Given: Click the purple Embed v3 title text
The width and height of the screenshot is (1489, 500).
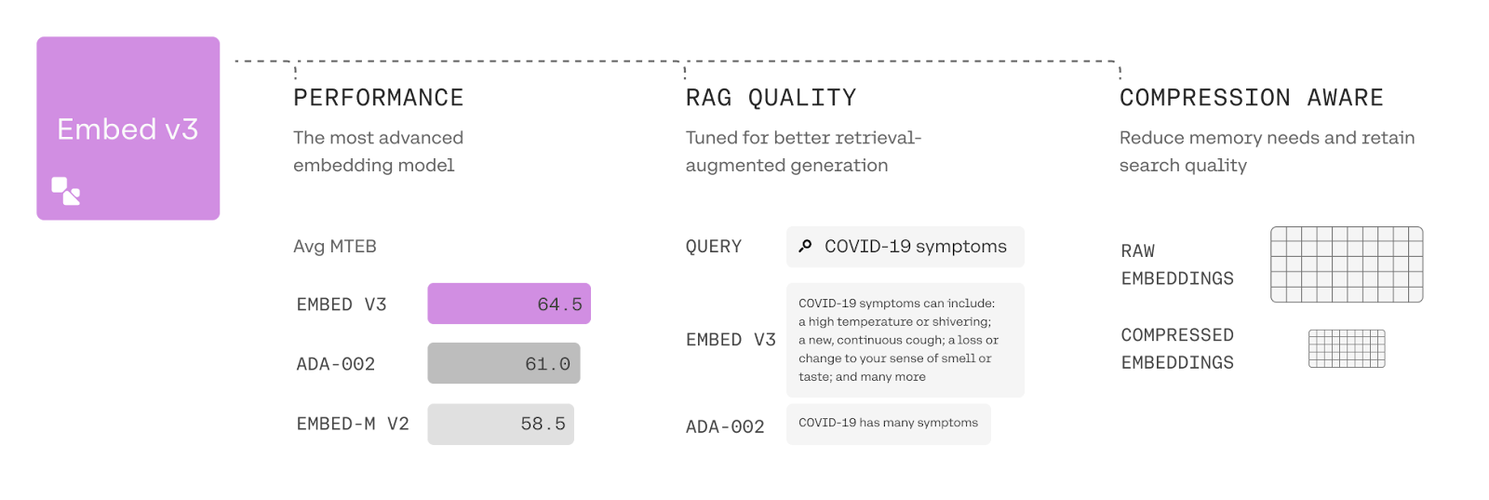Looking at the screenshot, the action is tap(127, 129).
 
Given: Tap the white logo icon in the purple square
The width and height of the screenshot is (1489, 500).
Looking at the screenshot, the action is tap(66, 191).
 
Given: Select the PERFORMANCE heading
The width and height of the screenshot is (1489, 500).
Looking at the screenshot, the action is tap(378, 98).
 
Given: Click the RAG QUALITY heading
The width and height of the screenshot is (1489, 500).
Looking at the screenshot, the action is tap(771, 98).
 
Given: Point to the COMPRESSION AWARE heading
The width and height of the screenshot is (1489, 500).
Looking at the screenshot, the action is tap(1252, 98).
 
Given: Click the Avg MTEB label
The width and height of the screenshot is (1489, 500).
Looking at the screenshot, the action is tap(335, 247).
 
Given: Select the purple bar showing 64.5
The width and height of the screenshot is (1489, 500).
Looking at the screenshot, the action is tap(509, 304).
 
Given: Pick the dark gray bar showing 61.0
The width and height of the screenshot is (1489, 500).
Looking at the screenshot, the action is tap(503, 363).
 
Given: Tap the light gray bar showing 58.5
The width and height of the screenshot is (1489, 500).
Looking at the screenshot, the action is tap(501, 425).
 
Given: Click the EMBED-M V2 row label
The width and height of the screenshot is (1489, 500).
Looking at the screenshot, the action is tap(353, 425).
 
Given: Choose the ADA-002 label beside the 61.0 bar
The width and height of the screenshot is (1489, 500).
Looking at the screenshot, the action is tap(336, 364).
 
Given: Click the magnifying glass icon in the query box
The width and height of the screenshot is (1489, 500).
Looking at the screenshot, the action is tap(805, 246).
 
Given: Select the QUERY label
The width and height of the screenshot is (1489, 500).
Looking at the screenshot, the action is tap(714, 247).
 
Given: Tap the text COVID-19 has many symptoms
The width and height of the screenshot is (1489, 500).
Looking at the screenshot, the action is tap(888, 423).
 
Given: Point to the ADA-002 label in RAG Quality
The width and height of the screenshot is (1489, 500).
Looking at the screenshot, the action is tap(725, 426).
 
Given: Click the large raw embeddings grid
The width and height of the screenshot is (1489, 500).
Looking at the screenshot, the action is tap(1347, 264).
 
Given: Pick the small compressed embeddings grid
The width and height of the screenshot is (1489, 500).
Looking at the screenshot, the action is tap(1347, 348).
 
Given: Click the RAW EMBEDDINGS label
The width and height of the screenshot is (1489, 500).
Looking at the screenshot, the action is tap(1177, 264).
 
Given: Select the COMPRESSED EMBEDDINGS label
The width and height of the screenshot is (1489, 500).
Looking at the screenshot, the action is tap(1177, 348).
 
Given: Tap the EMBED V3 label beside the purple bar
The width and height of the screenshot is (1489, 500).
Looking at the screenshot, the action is tap(342, 304).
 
